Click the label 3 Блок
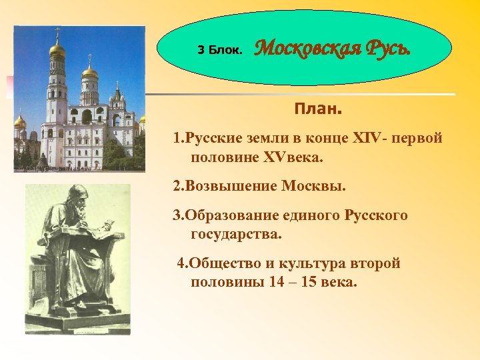[x=223, y=50]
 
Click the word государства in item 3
[x=236, y=233]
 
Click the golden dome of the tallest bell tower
[x=58, y=49]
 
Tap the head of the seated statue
[x=77, y=199]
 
